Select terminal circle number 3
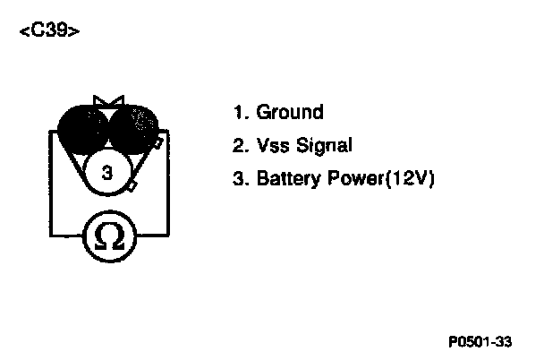(108, 172)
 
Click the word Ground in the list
(290, 113)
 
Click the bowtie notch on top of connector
(108, 101)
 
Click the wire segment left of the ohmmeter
(64, 235)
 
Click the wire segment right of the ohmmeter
(152, 235)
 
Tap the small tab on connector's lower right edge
(132, 186)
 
